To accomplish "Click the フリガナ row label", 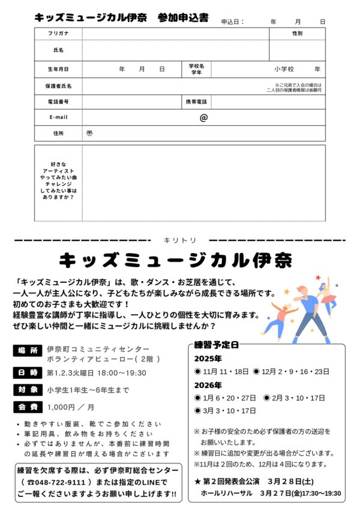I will point(58,34).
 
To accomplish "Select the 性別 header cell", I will point(297,34).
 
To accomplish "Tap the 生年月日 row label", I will point(58,70).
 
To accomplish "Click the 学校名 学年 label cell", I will point(196,69).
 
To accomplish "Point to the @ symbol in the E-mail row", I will point(203,118).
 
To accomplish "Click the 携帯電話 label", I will point(196,102).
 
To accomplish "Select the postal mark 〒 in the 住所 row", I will point(89,133).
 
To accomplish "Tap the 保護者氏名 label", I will point(58,86).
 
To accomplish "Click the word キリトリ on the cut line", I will point(180,240).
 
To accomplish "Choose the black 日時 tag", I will point(28,372).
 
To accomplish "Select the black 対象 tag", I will point(28,390).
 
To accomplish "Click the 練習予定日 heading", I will point(217,345).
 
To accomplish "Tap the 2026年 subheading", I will point(208,385).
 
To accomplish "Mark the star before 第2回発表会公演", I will point(197,481).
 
